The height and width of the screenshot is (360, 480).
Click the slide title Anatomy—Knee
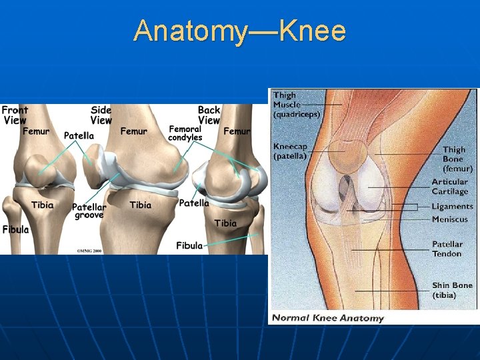pos(239,31)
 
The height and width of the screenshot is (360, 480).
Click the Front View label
pos(15,115)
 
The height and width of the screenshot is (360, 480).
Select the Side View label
pos(101,115)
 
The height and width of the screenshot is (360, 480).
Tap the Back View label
pos(209,115)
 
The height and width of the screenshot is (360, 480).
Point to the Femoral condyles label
pos(185,133)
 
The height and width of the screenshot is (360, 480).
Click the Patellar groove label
pos(89,211)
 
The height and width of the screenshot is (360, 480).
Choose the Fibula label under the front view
pos(15,229)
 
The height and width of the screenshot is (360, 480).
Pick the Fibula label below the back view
pos(189,245)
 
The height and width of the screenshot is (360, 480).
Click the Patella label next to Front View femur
pos(79,135)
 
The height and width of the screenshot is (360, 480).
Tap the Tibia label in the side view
pos(141,205)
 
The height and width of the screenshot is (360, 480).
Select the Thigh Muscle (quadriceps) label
pos(296,105)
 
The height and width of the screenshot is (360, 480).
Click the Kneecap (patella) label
pos(290,151)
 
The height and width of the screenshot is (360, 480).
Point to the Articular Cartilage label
pos(450,187)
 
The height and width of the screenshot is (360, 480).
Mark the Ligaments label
pos(452,207)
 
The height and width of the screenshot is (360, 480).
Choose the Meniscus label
pos(450,219)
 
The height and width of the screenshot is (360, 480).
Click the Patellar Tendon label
pos(447,249)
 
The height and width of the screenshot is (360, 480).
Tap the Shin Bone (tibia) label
pos(451,290)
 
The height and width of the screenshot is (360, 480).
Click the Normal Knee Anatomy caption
pos(328,318)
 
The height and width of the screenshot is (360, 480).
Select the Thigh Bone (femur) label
pos(457,159)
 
